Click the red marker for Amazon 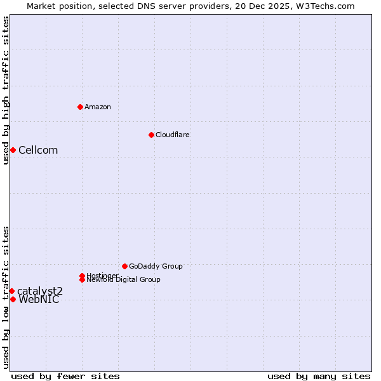click(80, 107)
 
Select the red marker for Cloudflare click(151, 135)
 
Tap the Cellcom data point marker click(13, 150)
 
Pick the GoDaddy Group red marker click(124, 266)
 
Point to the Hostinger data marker click(83, 276)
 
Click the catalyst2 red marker click(11, 291)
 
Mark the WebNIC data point click(13, 299)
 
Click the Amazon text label click(98, 107)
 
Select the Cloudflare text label click(173, 135)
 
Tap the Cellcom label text click(38, 150)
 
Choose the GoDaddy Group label click(156, 266)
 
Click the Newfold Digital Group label click(124, 280)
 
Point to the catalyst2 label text click(40, 291)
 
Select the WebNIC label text click(39, 300)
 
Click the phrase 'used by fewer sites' click(65, 376)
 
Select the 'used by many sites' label click(319, 376)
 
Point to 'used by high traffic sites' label click(6, 90)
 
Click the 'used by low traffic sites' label click(6, 297)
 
